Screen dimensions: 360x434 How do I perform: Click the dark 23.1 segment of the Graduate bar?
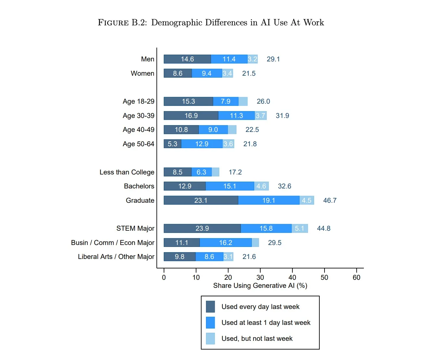tap(201, 200)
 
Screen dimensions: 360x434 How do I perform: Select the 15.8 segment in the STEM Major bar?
tap(266, 228)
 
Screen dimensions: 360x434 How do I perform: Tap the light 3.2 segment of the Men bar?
tap(252, 59)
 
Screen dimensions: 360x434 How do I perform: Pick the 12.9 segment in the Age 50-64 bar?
tap(202, 144)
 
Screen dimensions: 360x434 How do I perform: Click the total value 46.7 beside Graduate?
tap(330, 200)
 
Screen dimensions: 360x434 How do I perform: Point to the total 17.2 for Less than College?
tap(235, 172)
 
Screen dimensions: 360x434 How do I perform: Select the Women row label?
tap(142, 73)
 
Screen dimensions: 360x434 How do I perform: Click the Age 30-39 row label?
tap(138, 116)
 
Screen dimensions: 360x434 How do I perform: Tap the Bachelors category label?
tap(139, 186)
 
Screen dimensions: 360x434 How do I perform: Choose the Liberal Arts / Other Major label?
tap(116, 257)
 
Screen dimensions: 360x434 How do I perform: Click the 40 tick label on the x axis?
tap(292, 277)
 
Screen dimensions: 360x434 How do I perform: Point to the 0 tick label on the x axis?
tap(164, 277)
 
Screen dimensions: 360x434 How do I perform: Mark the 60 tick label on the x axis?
tap(356, 277)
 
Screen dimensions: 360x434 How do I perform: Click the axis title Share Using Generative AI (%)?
tap(260, 286)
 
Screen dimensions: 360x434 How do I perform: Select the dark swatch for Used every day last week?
tap(210, 307)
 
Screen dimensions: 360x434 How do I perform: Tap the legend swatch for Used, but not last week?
tap(210, 339)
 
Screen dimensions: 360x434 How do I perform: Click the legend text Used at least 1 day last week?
tap(266, 323)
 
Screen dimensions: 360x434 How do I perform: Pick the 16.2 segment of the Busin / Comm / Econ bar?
tap(225, 243)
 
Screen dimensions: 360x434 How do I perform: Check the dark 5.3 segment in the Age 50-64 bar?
tap(172, 144)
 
